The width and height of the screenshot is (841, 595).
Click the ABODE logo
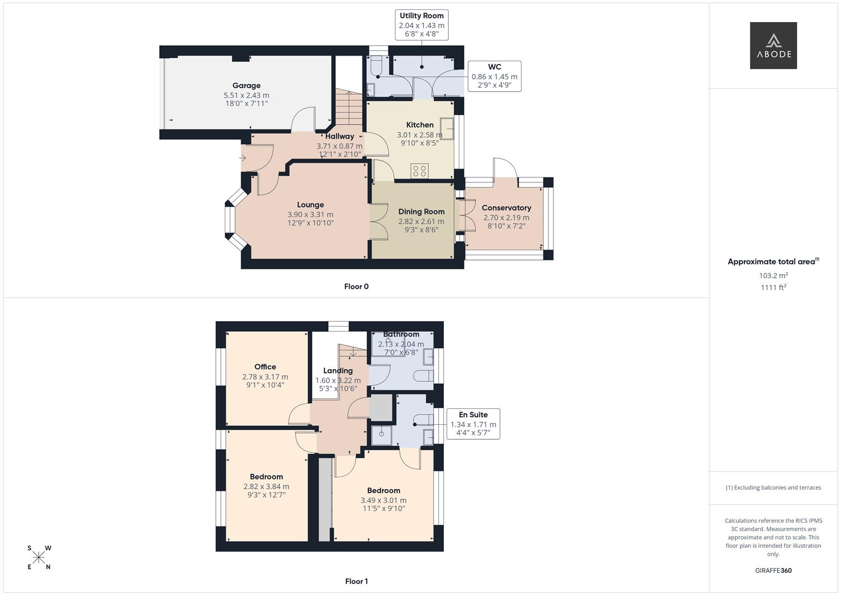773,46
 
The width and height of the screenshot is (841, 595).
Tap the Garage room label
246,85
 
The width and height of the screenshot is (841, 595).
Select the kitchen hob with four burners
420,171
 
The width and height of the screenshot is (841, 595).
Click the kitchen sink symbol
447,128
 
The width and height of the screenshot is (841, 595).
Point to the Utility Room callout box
421,25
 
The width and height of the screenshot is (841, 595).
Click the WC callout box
494,76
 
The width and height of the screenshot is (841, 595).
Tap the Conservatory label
506,208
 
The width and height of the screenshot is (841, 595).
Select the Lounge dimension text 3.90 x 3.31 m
310,214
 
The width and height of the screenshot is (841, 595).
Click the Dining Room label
421,212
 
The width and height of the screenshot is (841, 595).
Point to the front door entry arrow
243,158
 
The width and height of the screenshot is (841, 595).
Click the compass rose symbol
39,558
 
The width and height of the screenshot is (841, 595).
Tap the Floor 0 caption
356,286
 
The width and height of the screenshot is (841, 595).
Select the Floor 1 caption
356,581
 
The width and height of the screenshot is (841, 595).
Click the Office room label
265,367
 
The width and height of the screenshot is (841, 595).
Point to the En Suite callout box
473,424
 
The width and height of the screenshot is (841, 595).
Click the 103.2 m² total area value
773,275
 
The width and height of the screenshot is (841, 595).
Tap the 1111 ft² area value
773,288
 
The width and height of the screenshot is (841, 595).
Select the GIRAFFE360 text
773,570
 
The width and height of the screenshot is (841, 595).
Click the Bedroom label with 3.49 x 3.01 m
383,490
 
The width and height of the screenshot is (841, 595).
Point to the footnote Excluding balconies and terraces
773,488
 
